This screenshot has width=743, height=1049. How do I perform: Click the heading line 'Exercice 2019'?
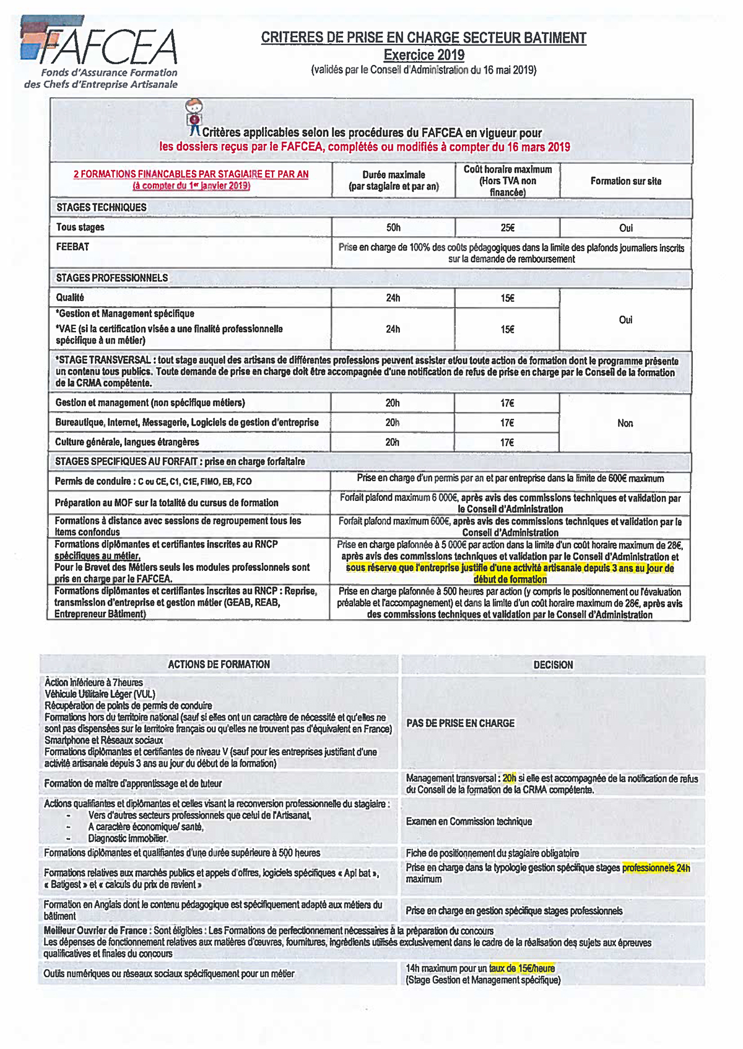point(424,54)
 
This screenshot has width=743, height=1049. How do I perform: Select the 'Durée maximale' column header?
point(393,180)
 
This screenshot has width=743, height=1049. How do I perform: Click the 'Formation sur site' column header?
point(625,181)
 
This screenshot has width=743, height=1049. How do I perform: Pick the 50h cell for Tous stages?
point(393,228)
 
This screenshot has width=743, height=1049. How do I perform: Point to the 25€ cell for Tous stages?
point(507,228)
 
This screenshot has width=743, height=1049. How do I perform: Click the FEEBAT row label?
point(73,247)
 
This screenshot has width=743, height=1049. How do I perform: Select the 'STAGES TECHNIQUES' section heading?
point(102,207)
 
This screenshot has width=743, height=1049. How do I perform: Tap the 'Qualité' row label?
point(70,298)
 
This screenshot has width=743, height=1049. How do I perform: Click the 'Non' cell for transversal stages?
point(625,423)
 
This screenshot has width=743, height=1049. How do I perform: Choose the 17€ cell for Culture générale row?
point(507,442)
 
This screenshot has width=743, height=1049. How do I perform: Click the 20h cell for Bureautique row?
point(393,422)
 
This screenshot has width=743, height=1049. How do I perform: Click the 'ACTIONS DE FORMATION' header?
point(219,664)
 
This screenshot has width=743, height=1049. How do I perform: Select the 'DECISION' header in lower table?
point(553,665)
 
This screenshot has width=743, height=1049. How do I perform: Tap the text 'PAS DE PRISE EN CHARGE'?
point(461,723)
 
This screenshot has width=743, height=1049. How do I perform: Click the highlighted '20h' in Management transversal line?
point(509,779)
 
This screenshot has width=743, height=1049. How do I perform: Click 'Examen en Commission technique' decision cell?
point(469,821)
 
